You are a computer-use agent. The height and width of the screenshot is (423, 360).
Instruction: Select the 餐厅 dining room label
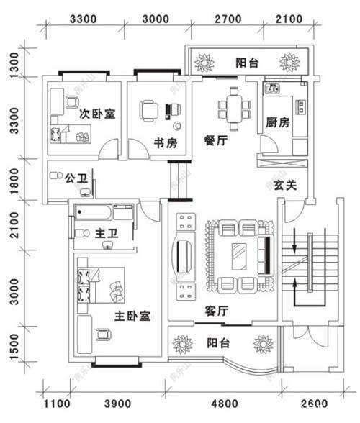[x=216, y=142]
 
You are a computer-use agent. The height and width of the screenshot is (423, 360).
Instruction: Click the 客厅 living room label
[x=217, y=311]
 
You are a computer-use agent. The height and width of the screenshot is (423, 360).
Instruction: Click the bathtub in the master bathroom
[x=94, y=213]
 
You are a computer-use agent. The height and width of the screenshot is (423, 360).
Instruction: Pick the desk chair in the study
[x=148, y=110]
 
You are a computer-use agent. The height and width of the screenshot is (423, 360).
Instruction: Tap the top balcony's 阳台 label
[x=247, y=63]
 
